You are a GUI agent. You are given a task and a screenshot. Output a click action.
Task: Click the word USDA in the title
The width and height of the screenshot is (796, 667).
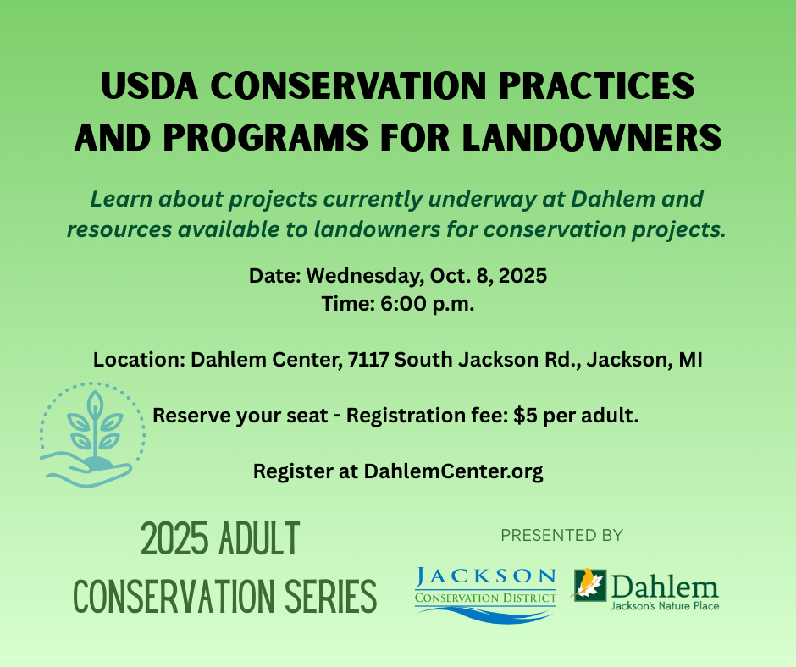click(x=149, y=85)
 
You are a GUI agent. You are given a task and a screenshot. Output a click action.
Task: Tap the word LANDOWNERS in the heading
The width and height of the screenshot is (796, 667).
click(x=592, y=137)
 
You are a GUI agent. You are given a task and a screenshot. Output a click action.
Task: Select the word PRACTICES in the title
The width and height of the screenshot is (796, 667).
click(x=596, y=85)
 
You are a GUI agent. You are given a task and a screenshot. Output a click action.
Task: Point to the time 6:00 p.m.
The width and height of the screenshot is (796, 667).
click(x=428, y=304)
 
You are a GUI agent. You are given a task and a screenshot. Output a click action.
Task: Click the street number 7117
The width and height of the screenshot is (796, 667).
click(x=368, y=360)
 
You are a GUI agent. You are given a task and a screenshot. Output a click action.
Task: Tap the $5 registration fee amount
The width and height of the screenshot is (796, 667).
click(x=525, y=416)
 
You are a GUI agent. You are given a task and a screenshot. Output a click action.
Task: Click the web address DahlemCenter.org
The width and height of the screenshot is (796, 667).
click(x=453, y=471)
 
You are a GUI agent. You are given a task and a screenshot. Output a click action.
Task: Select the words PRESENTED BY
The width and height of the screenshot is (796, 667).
click(x=561, y=535)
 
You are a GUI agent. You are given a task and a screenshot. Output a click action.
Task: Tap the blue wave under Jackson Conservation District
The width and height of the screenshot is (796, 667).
click(x=486, y=613)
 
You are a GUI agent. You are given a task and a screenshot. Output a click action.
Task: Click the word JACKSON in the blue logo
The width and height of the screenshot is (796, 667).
click(x=486, y=576)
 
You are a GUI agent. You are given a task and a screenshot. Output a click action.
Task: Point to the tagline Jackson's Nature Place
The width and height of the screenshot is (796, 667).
click(x=665, y=605)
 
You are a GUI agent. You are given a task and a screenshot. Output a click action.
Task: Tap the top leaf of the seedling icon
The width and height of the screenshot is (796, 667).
click(x=94, y=404)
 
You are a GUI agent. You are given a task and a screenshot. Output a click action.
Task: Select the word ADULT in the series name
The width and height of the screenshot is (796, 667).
click(x=259, y=538)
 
